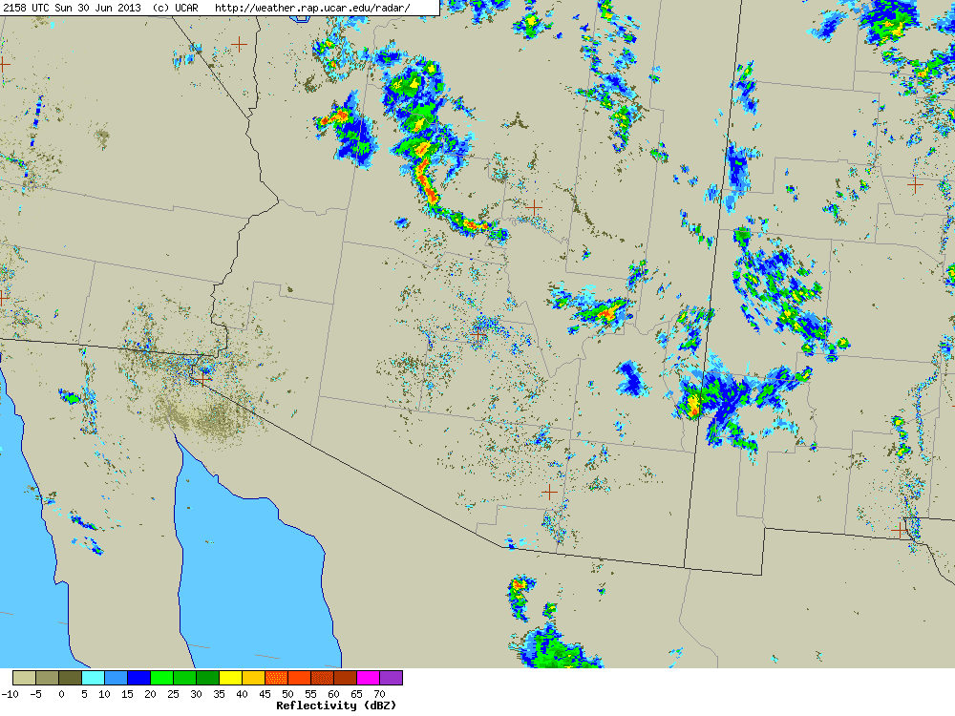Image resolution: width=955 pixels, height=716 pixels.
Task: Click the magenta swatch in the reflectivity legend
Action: [368, 678]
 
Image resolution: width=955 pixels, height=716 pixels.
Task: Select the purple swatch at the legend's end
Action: [392, 678]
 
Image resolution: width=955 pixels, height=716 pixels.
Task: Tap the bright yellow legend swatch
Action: [230, 678]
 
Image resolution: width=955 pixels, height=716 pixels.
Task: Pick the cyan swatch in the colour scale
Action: [93, 678]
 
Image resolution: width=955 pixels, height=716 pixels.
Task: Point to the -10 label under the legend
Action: [10, 694]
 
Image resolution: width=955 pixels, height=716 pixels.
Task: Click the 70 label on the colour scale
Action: [379, 694]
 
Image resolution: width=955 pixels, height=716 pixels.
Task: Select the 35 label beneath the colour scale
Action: [219, 694]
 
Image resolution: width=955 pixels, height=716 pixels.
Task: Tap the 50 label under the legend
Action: [287, 694]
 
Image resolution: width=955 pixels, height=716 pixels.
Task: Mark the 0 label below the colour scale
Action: [60, 694]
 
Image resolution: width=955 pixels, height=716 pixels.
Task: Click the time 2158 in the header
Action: [15, 8]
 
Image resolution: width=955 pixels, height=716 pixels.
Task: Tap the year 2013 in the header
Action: [129, 8]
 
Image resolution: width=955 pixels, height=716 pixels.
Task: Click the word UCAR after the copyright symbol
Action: [185, 8]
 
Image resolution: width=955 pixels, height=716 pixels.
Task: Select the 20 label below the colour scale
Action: [150, 694]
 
